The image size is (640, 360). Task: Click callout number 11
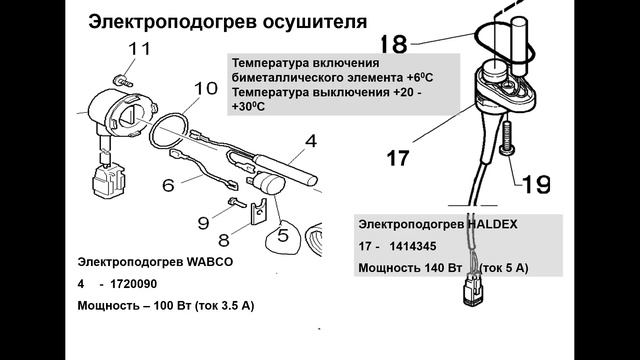tap(140, 49)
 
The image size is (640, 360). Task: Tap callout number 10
tap(206, 88)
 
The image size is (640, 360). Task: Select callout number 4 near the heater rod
tap(311, 141)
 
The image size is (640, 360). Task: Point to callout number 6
tap(168, 186)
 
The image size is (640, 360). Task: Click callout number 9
tap(204, 223)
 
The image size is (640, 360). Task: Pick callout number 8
tap(224, 240)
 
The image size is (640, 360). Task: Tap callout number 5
tap(283, 236)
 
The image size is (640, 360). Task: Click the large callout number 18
tap(394, 44)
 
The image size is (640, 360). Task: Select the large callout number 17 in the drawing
tap(398, 158)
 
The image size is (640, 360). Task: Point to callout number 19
tap(536, 184)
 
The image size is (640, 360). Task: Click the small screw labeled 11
tap(122, 80)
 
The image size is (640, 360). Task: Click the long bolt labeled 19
tap(507, 138)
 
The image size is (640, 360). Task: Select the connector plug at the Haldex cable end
tap(473, 291)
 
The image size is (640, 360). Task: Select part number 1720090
tap(134, 284)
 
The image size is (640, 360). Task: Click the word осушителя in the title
tap(314, 22)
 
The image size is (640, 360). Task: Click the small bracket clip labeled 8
tap(259, 211)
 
